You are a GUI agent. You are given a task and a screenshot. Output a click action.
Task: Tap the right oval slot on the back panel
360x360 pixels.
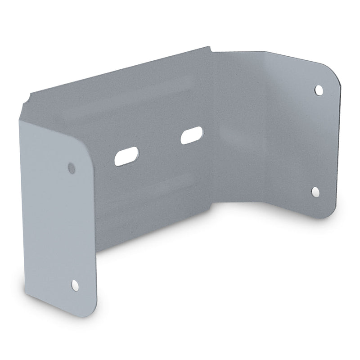point(192,135)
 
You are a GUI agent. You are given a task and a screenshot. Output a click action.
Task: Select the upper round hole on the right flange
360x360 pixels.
point(319,90)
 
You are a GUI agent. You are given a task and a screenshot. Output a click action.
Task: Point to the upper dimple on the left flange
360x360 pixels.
point(71,168)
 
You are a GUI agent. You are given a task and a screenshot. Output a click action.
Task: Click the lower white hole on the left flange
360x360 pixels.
point(75,284)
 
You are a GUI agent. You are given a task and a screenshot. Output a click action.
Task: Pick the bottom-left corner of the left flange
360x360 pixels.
point(28,295)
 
